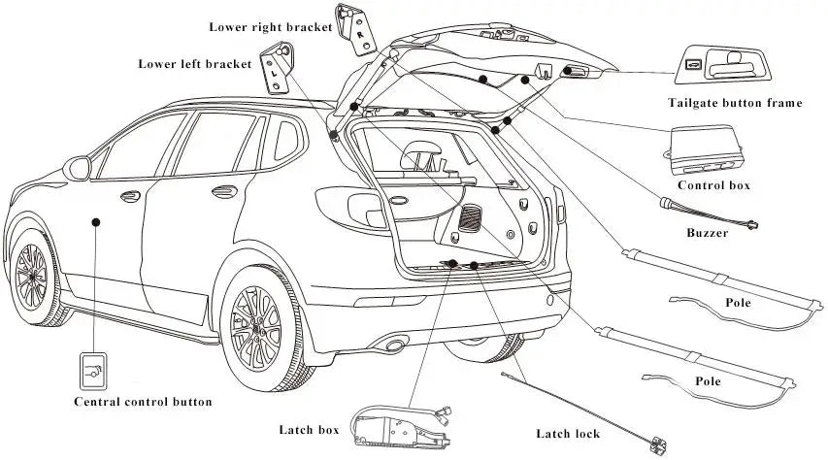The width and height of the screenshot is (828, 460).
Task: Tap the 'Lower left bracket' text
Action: pyautogui.click(x=194, y=64)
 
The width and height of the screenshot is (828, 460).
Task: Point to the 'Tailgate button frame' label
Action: pyautogui.click(x=735, y=103)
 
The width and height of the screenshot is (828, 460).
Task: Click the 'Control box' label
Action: pyautogui.click(x=713, y=184)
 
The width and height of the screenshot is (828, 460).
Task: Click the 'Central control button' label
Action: pyautogui.click(x=143, y=401)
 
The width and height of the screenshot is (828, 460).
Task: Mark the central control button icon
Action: pyautogui.click(x=93, y=370)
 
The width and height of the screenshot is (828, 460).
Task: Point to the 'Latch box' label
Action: pyautogui.click(x=308, y=430)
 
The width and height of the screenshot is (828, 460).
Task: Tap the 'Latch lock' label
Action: pyautogui.click(x=568, y=434)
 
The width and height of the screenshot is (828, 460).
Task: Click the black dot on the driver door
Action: pyautogui.click(x=96, y=222)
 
